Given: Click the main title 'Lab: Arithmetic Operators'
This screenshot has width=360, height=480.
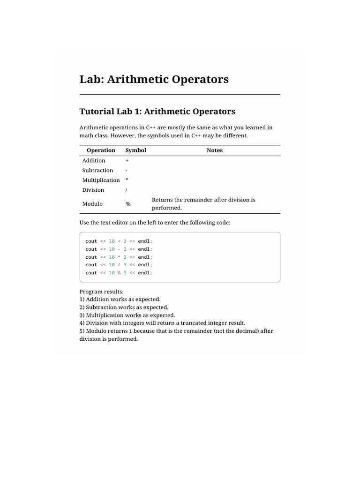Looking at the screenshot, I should (x=154, y=79).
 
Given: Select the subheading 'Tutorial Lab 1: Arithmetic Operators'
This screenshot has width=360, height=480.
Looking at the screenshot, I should (x=157, y=112).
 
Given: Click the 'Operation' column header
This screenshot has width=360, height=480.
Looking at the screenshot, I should (x=101, y=150).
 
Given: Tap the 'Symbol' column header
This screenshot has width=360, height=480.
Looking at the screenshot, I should (x=135, y=150).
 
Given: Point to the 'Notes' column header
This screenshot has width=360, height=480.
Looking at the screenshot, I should (x=215, y=150).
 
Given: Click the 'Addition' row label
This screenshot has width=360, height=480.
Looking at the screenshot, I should (x=94, y=160).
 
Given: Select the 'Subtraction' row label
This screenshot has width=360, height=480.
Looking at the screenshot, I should (x=97, y=170).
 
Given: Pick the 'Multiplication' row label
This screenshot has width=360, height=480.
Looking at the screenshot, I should (x=101, y=180).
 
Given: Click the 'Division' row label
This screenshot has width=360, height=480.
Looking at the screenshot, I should (x=93, y=190).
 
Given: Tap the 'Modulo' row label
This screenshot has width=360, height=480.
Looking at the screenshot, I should (x=92, y=204).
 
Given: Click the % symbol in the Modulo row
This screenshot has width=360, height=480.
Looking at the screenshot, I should (x=127, y=204).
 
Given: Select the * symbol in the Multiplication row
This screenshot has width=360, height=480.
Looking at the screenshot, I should (x=127, y=180).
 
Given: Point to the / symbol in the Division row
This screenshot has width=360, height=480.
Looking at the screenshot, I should (x=127, y=190).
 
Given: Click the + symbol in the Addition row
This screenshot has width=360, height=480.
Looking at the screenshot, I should (x=127, y=160).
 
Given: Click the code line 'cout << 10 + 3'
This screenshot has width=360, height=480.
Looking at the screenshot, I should (x=119, y=241).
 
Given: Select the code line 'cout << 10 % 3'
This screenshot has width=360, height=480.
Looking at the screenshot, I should (x=119, y=272).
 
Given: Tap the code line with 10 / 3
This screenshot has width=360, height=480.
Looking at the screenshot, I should (x=119, y=264).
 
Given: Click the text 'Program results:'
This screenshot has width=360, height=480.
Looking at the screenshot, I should (x=101, y=292).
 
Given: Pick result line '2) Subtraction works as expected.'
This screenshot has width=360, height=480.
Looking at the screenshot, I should (x=124, y=307).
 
